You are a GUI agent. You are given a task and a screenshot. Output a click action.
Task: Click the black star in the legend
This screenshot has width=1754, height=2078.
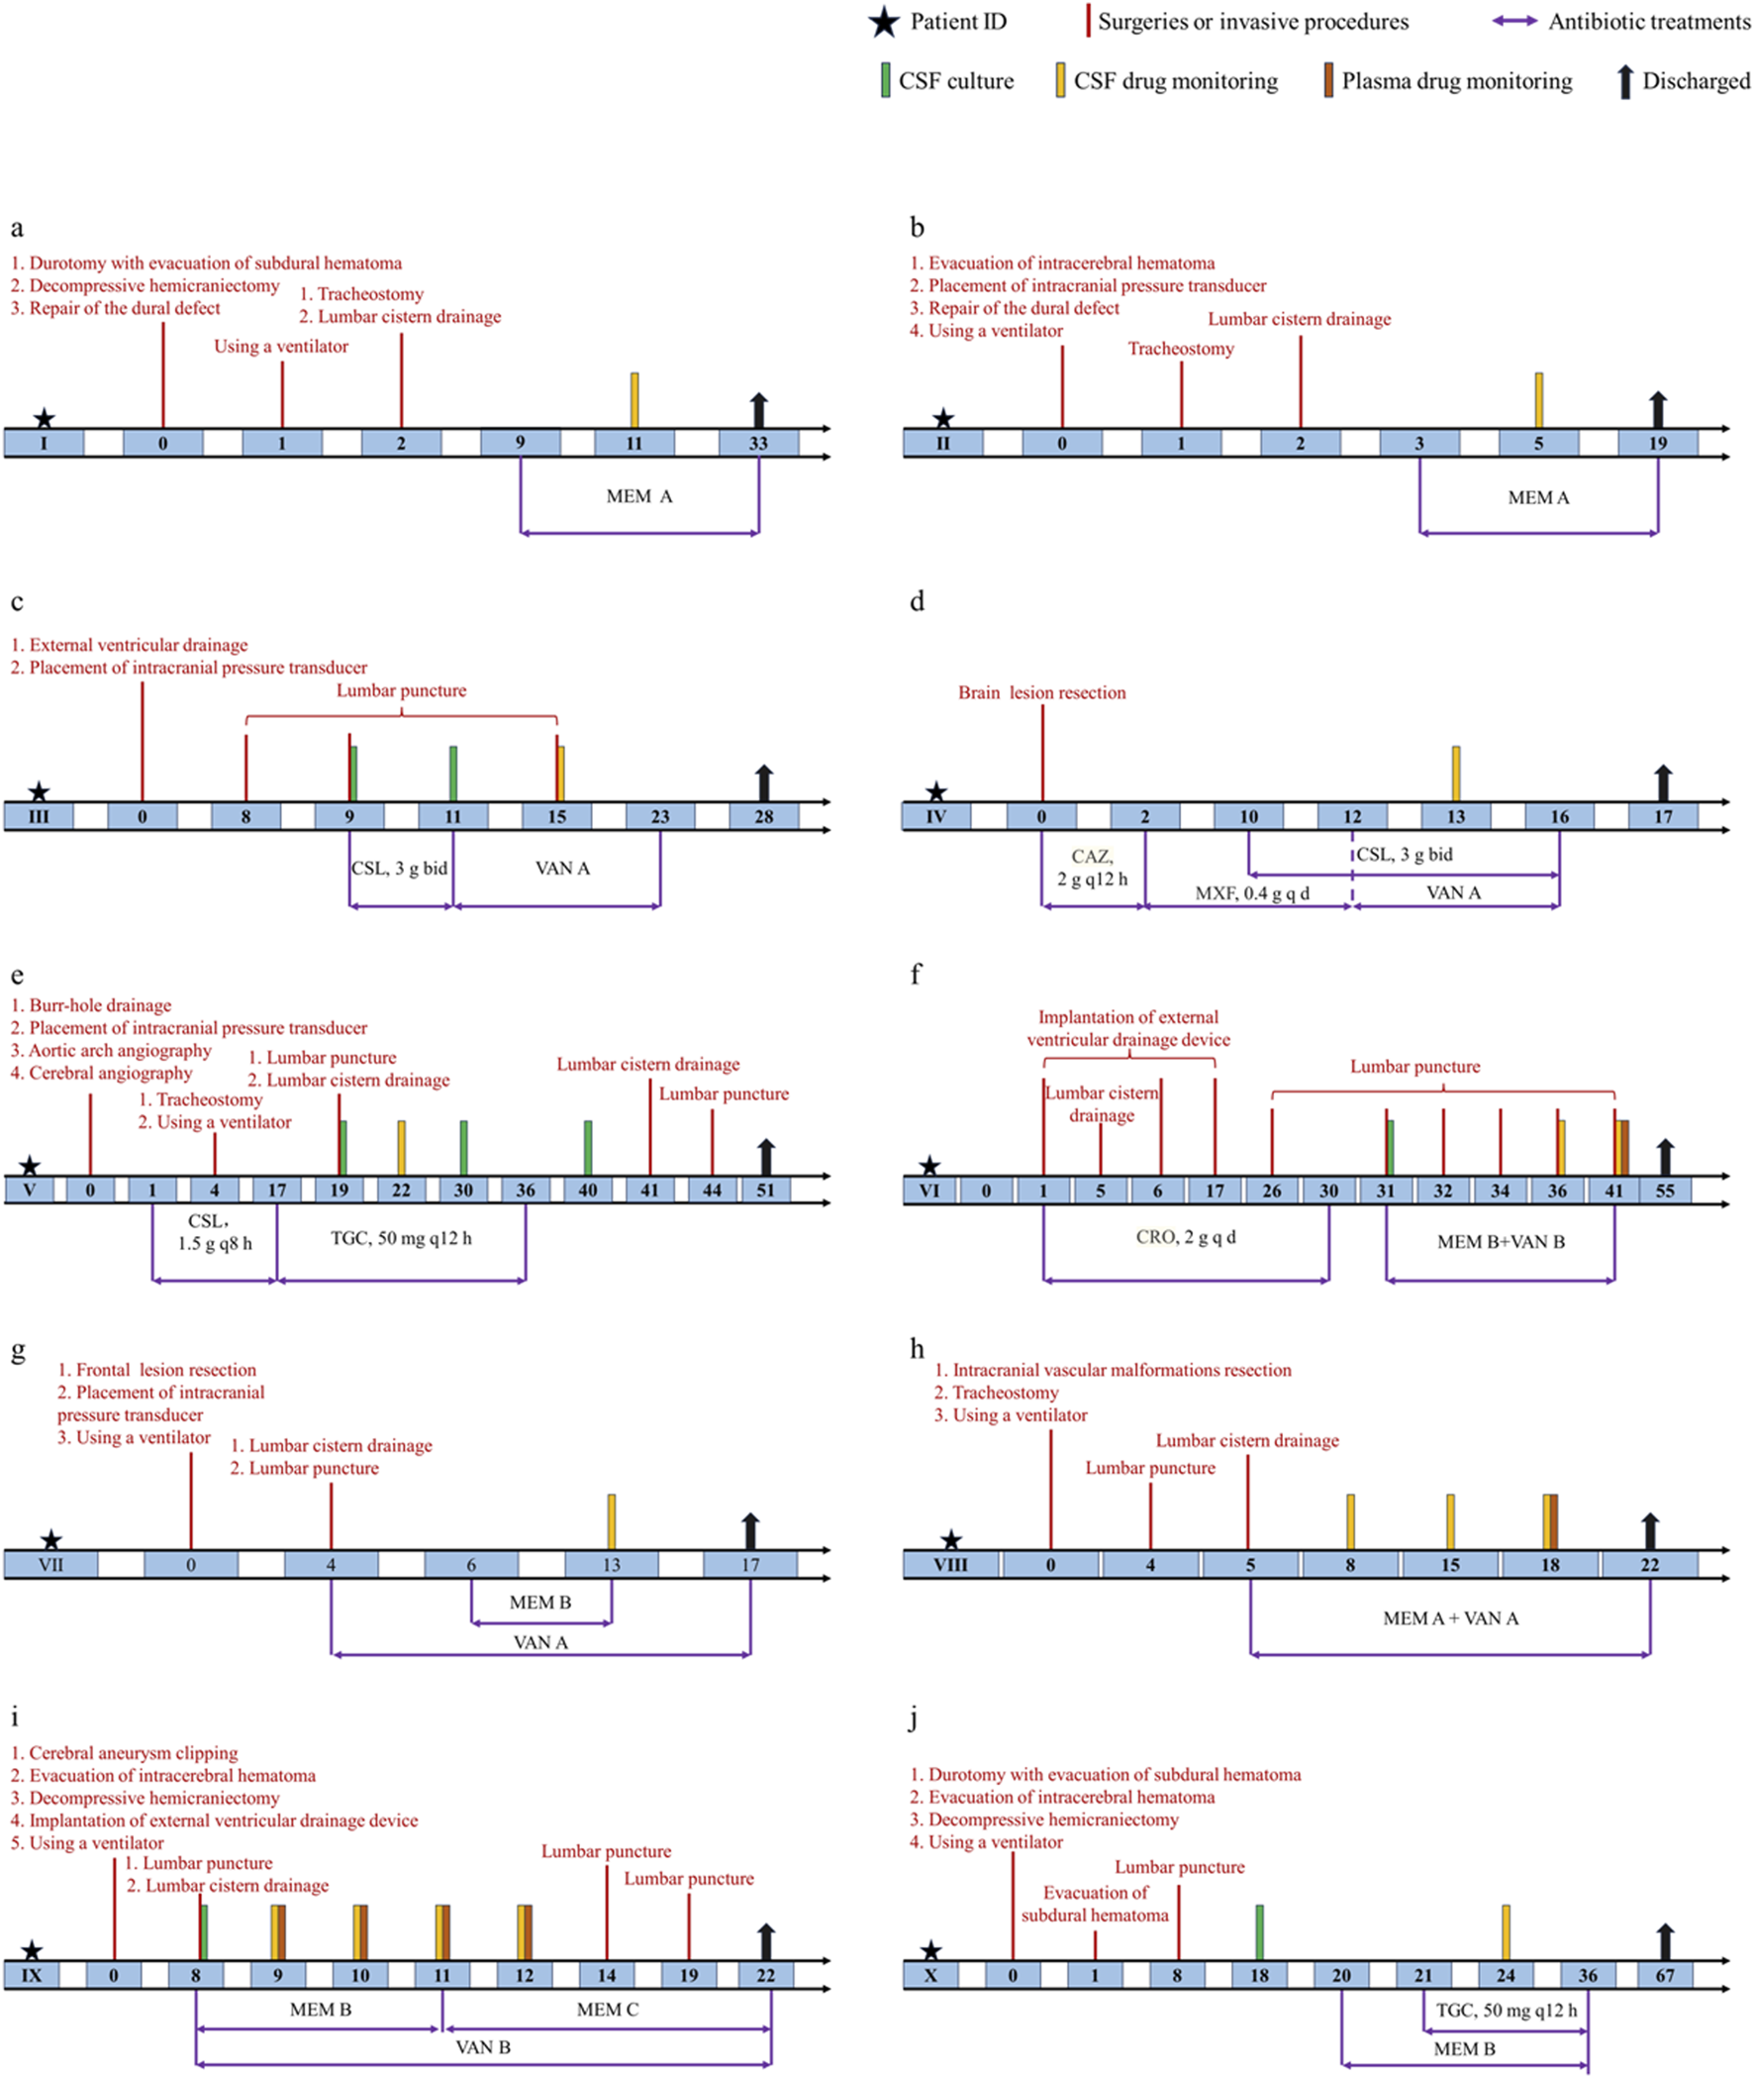pyautogui.click(x=883, y=22)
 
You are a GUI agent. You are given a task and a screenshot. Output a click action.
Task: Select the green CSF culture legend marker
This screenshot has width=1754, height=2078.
pyautogui.click(x=885, y=80)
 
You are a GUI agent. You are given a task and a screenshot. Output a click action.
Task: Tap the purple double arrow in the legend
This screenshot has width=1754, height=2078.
pyautogui.click(x=1514, y=22)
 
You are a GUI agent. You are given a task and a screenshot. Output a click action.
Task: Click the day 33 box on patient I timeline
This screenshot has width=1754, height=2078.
pyautogui.click(x=758, y=444)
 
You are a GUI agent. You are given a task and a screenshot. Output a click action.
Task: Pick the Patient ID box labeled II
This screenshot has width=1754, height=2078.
pyautogui.click(x=942, y=444)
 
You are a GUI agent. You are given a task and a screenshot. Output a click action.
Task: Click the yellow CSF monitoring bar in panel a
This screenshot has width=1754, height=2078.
pyautogui.click(x=634, y=400)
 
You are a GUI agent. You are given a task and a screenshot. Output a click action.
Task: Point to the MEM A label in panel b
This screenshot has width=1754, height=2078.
pyautogui.click(x=1537, y=497)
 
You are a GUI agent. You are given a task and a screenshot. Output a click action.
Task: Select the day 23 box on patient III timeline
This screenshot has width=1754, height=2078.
pyautogui.click(x=660, y=817)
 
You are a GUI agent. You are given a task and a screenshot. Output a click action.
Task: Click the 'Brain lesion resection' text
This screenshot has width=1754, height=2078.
pyautogui.click(x=1041, y=692)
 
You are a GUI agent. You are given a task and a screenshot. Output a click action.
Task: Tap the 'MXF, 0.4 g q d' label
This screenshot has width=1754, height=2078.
pyautogui.click(x=1251, y=893)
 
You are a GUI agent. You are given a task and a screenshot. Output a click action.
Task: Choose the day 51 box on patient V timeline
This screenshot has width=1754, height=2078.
pyautogui.click(x=764, y=1190)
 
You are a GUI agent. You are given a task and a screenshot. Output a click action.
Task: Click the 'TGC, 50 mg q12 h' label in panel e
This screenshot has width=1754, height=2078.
pyautogui.click(x=401, y=1238)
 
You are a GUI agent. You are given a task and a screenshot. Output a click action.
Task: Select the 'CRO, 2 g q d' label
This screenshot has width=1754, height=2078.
pyautogui.click(x=1185, y=1237)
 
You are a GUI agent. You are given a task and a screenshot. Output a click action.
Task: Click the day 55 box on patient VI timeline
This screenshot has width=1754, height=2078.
pyautogui.click(x=1665, y=1191)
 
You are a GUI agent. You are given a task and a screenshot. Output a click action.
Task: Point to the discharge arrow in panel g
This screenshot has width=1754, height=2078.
pyautogui.click(x=750, y=1531)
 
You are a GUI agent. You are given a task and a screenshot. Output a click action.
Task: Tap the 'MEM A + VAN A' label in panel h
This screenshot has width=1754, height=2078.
pyautogui.click(x=1450, y=1618)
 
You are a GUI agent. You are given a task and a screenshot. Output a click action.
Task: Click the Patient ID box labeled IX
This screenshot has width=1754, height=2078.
pyautogui.click(x=32, y=1976)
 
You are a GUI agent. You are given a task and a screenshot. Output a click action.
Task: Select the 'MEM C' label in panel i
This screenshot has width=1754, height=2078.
pyautogui.click(x=607, y=2010)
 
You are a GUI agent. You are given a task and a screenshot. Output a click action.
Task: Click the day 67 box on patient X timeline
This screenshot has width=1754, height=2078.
pyautogui.click(x=1665, y=1976)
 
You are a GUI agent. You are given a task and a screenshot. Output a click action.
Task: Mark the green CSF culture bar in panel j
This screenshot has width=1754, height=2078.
pyautogui.click(x=1259, y=1931)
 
